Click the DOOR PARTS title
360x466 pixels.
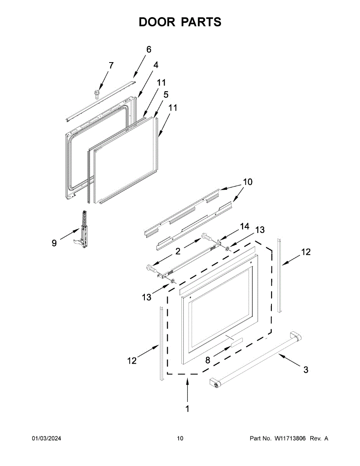tap(180, 22)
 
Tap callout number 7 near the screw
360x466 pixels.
tap(111, 66)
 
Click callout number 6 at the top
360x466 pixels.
tap(149, 50)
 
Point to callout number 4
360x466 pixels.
tap(155, 65)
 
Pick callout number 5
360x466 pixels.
tap(166, 94)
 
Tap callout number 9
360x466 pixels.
tap(54, 243)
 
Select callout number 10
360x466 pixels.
tap(247, 182)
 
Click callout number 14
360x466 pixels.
tap(244, 226)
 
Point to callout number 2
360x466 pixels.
tap(177, 251)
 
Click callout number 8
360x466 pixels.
tap(208, 360)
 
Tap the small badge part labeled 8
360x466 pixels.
tap(235, 342)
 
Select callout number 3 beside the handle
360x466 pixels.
tap(306, 370)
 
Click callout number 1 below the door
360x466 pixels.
tap(187, 409)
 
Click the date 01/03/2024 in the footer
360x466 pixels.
tap(46, 438)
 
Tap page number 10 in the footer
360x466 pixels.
tap(180, 438)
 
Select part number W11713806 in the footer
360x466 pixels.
tap(290, 438)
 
